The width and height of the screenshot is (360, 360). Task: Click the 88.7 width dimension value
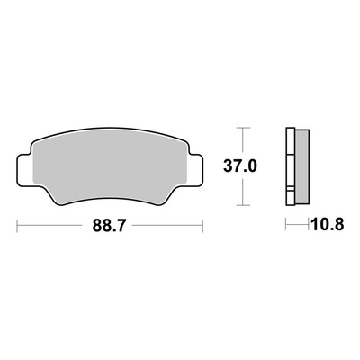click(108, 226)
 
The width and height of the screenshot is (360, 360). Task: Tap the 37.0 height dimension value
click(240, 166)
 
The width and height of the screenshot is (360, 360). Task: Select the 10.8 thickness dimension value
click(328, 224)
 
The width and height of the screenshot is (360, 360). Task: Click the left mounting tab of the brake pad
click(24, 170)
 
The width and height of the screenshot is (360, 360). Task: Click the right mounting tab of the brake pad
click(196, 170)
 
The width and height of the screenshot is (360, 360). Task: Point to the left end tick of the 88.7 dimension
click(17, 226)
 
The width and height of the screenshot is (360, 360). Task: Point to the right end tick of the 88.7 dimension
click(203, 226)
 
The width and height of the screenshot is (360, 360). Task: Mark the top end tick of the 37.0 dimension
click(243, 128)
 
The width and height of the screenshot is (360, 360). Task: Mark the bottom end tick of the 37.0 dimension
click(243, 205)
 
